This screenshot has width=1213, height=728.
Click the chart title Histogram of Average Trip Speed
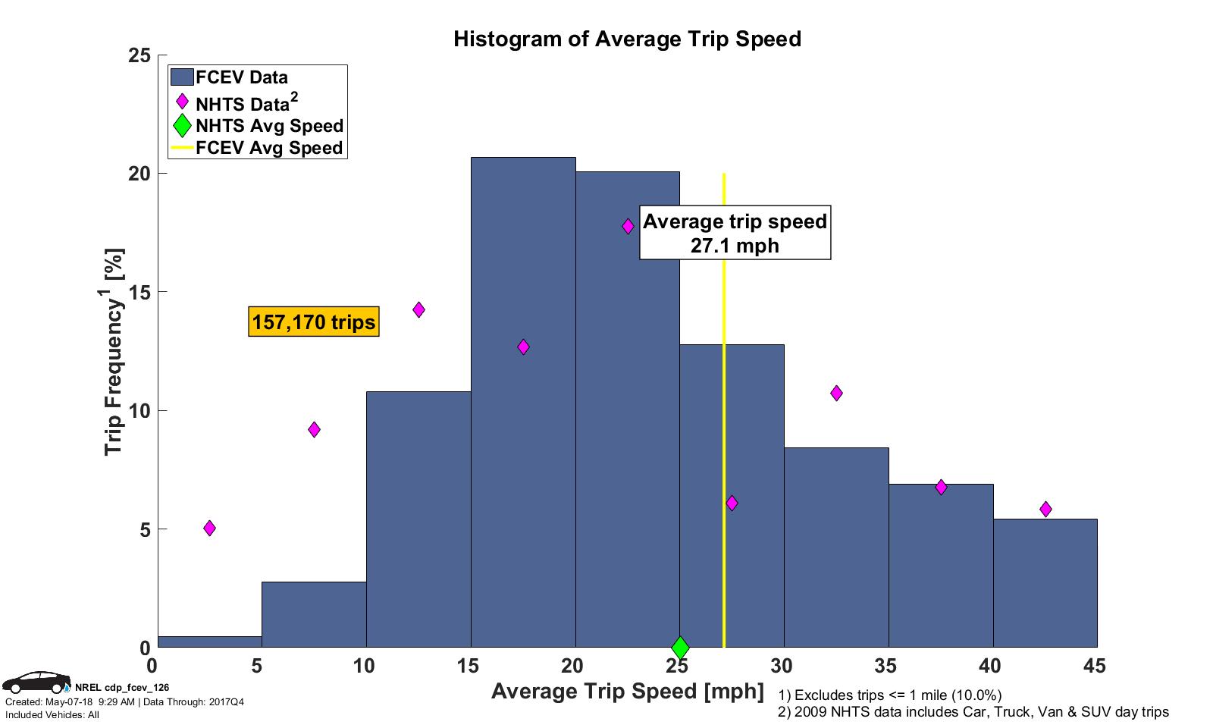click(x=627, y=39)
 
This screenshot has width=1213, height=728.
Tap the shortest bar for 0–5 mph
click(x=209, y=642)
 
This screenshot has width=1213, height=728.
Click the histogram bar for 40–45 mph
click(x=1045, y=584)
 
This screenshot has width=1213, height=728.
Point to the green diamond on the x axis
click(x=680, y=648)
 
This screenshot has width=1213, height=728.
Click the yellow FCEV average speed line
click(x=724, y=455)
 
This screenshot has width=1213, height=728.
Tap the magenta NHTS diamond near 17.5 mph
click(x=523, y=347)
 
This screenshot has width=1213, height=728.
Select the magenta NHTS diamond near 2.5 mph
click(x=209, y=528)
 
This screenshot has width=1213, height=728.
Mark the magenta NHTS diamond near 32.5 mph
click(x=836, y=393)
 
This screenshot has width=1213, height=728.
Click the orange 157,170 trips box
click(x=314, y=322)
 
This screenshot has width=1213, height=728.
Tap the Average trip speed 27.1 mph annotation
click(x=735, y=233)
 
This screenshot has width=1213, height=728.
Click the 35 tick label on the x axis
click(x=885, y=667)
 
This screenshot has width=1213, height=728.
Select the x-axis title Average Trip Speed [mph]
click(x=627, y=691)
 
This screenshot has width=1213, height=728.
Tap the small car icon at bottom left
click(x=36, y=682)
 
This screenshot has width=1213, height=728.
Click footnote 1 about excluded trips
click(x=889, y=695)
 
